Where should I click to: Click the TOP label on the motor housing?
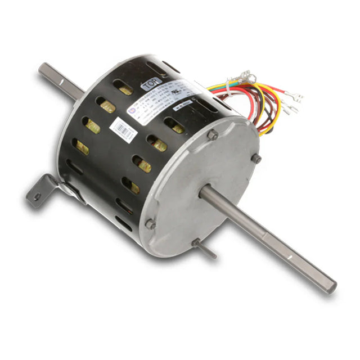(x=151, y=85)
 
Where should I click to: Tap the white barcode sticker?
(x=123, y=129)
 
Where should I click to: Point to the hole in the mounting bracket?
(x=37, y=197)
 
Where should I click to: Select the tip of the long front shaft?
(x=331, y=286)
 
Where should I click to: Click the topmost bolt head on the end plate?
(x=212, y=135)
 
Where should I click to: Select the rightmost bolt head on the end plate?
(x=256, y=159)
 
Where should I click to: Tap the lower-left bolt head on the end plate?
(x=150, y=223)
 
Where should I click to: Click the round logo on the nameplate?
(x=132, y=111)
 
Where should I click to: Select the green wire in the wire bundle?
(x=217, y=86)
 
